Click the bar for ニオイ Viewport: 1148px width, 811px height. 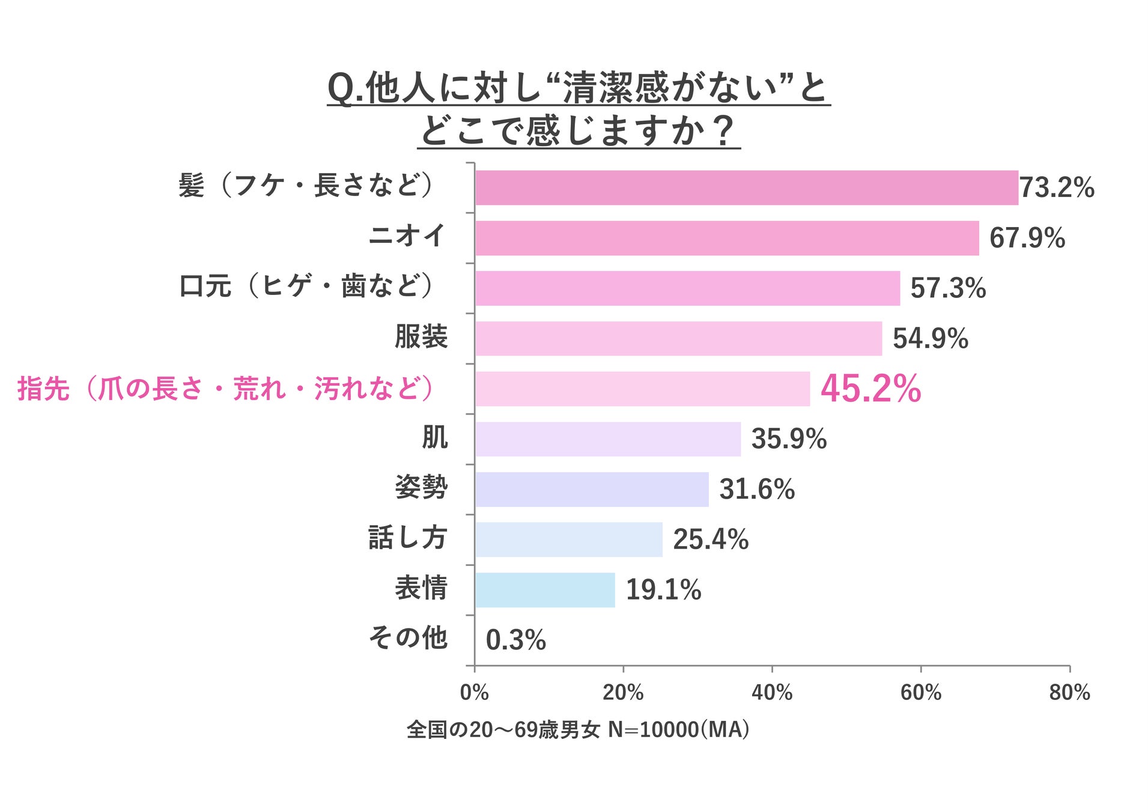click(726, 238)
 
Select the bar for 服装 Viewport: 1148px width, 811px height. click(678, 338)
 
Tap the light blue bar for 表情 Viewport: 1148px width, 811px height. click(545, 589)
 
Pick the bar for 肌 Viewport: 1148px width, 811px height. click(607, 439)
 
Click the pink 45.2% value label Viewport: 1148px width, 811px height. click(870, 389)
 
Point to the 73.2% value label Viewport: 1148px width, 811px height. click(1057, 187)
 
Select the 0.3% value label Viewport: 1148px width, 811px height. click(515, 640)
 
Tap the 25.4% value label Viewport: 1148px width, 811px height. click(711, 539)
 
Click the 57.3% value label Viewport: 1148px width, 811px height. click(948, 288)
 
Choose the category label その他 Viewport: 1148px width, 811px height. click(408, 637)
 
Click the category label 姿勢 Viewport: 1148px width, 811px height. click(421, 487)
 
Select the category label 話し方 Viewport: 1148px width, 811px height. click(408, 537)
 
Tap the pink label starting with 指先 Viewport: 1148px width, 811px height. click(225, 388)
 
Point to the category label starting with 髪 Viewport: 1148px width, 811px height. click(306, 185)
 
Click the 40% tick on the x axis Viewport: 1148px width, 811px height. click(772, 693)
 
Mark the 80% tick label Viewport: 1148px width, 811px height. click(1069, 693)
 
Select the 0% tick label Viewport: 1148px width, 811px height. click(474, 693)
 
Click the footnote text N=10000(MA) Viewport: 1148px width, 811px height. click(678, 729)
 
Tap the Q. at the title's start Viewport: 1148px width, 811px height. click(345, 89)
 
